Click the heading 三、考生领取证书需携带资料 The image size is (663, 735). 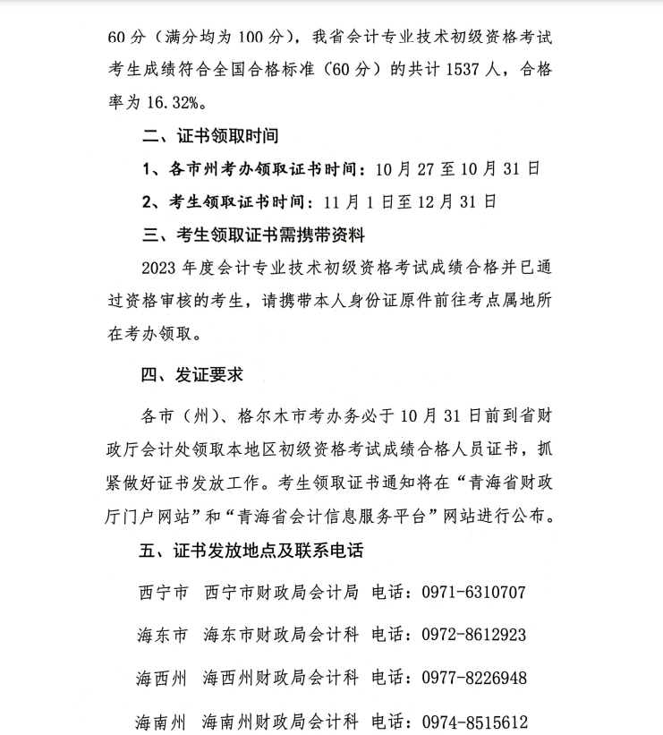coord(254,235)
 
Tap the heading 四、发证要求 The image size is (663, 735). coord(192,374)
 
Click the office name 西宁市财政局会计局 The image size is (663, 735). coord(281,593)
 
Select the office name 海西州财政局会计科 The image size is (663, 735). coord(281,678)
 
